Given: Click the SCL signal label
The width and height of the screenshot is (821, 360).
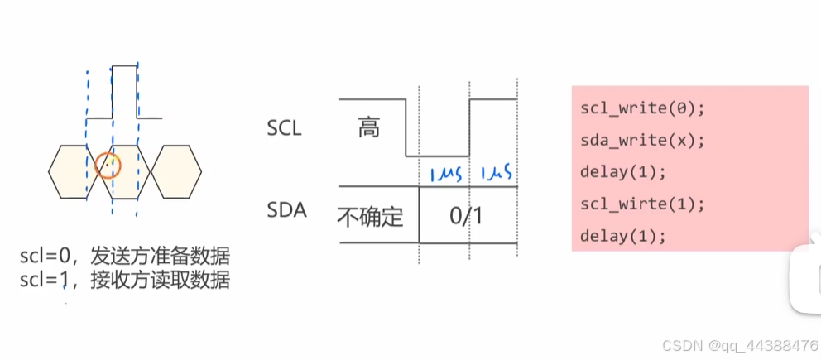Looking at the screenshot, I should pyautogui.click(x=285, y=128).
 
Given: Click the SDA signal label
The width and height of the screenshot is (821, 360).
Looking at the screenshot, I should pyautogui.click(x=286, y=210).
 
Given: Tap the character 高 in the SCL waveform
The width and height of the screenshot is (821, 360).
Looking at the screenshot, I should pyautogui.click(x=369, y=127).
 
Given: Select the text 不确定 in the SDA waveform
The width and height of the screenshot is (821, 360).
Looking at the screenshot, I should pyautogui.click(x=371, y=216).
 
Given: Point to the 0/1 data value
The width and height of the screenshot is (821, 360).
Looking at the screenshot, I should pyautogui.click(x=467, y=216).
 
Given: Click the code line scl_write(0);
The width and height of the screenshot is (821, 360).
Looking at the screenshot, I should pyautogui.click(x=642, y=108).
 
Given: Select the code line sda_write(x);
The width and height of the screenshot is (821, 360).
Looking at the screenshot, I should pyautogui.click(x=642, y=140).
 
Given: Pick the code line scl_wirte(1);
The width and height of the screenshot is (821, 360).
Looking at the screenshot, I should pyautogui.click(x=642, y=204).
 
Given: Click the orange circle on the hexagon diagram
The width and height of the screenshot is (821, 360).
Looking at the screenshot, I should pyautogui.click(x=108, y=166).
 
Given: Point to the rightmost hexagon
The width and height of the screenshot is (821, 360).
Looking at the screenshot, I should pyautogui.click(x=175, y=171).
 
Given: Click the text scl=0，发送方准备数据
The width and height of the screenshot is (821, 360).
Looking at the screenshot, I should pyautogui.click(x=124, y=257).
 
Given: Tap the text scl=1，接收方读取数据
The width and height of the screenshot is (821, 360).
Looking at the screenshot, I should pyautogui.click(x=124, y=281).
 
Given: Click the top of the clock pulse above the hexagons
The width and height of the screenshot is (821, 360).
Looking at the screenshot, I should pyautogui.click(x=124, y=64).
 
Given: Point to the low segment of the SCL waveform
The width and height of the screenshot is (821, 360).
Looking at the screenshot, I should pyautogui.click(x=437, y=155).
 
